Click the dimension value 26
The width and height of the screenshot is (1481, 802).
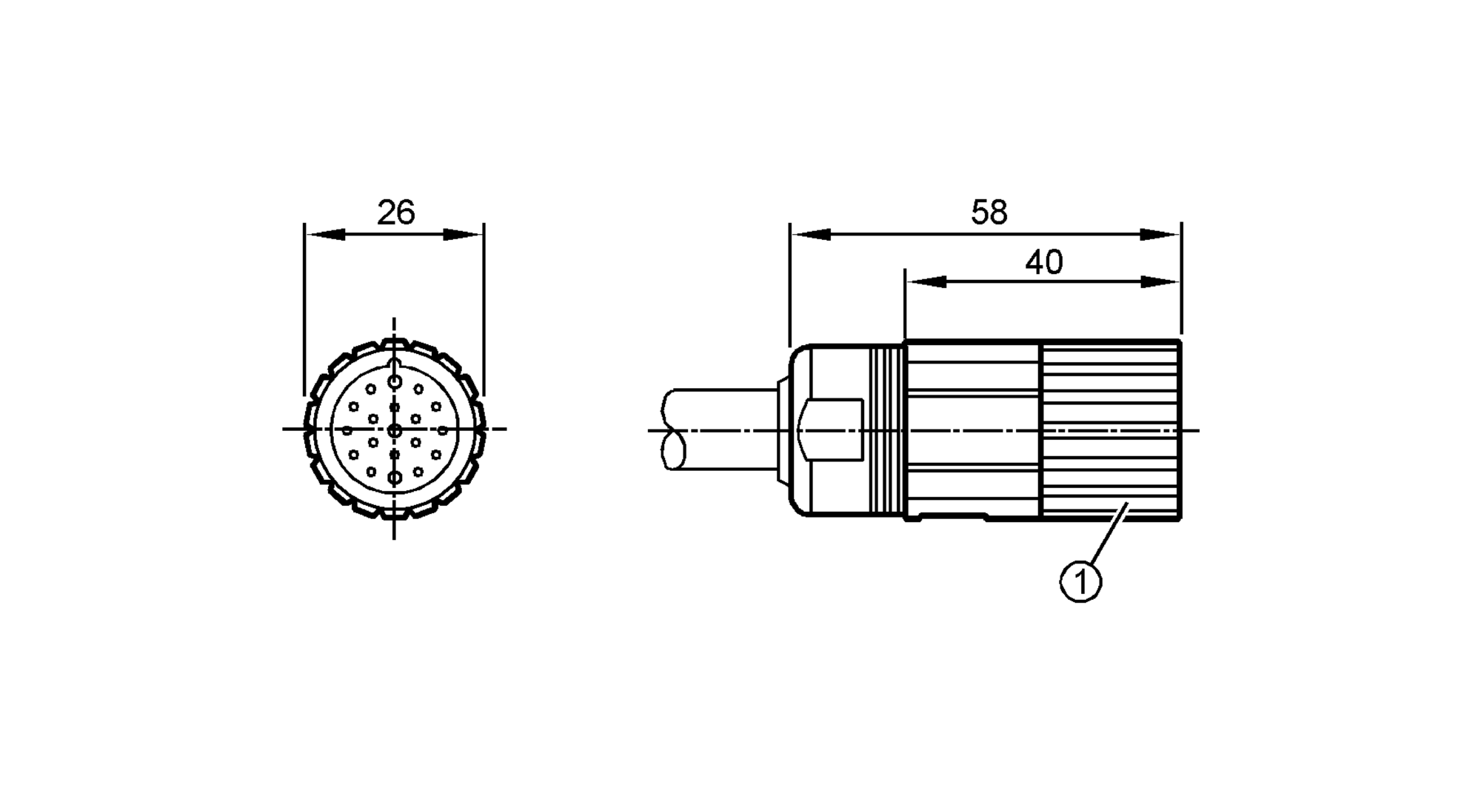(396, 213)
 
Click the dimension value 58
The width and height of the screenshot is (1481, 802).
(989, 213)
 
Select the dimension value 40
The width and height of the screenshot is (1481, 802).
(1044, 262)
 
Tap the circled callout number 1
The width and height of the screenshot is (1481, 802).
(1081, 582)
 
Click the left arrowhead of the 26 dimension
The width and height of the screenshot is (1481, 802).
(326, 234)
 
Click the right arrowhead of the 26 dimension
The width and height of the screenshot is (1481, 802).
(463, 234)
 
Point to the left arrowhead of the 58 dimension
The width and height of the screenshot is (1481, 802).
(811, 234)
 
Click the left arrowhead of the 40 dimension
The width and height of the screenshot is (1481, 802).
(926, 282)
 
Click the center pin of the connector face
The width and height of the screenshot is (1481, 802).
(395, 430)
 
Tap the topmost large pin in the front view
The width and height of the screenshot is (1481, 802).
(395, 382)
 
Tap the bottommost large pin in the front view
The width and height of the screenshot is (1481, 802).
(395, 478)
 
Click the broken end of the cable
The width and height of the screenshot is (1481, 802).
(674, 430)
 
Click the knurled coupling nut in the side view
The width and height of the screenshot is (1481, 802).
(1111, 430)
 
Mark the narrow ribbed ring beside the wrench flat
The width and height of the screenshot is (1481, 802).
(888, 430)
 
